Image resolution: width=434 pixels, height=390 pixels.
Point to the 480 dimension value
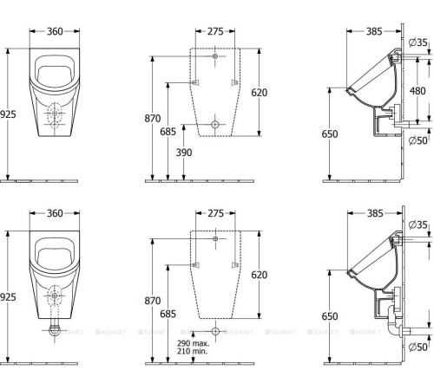pos(418,91)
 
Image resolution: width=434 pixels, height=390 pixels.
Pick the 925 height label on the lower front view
pos(8,296)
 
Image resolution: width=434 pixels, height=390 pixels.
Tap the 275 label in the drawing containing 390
pos(214,31)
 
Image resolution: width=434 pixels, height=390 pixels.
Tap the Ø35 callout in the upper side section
pos(421,41)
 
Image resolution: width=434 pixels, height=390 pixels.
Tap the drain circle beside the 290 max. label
pos(215,330)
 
